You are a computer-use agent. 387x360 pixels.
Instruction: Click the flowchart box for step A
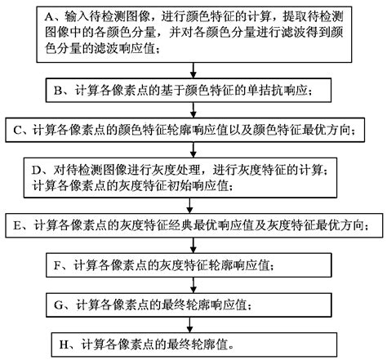coord(194,33)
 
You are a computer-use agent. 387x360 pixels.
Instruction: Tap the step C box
coord(194,131)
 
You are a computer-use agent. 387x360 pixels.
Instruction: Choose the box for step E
coord(194,223)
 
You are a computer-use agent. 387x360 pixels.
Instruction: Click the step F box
coord(194,266)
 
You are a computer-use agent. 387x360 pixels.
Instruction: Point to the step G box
coord(194,304)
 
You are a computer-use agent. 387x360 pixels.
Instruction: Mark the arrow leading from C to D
coord(194,151)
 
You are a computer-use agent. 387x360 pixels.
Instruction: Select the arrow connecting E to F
coord(194,245)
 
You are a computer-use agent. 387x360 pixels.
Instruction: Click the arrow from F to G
coord(194,286)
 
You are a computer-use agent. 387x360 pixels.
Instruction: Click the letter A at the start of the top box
coord(47,16)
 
